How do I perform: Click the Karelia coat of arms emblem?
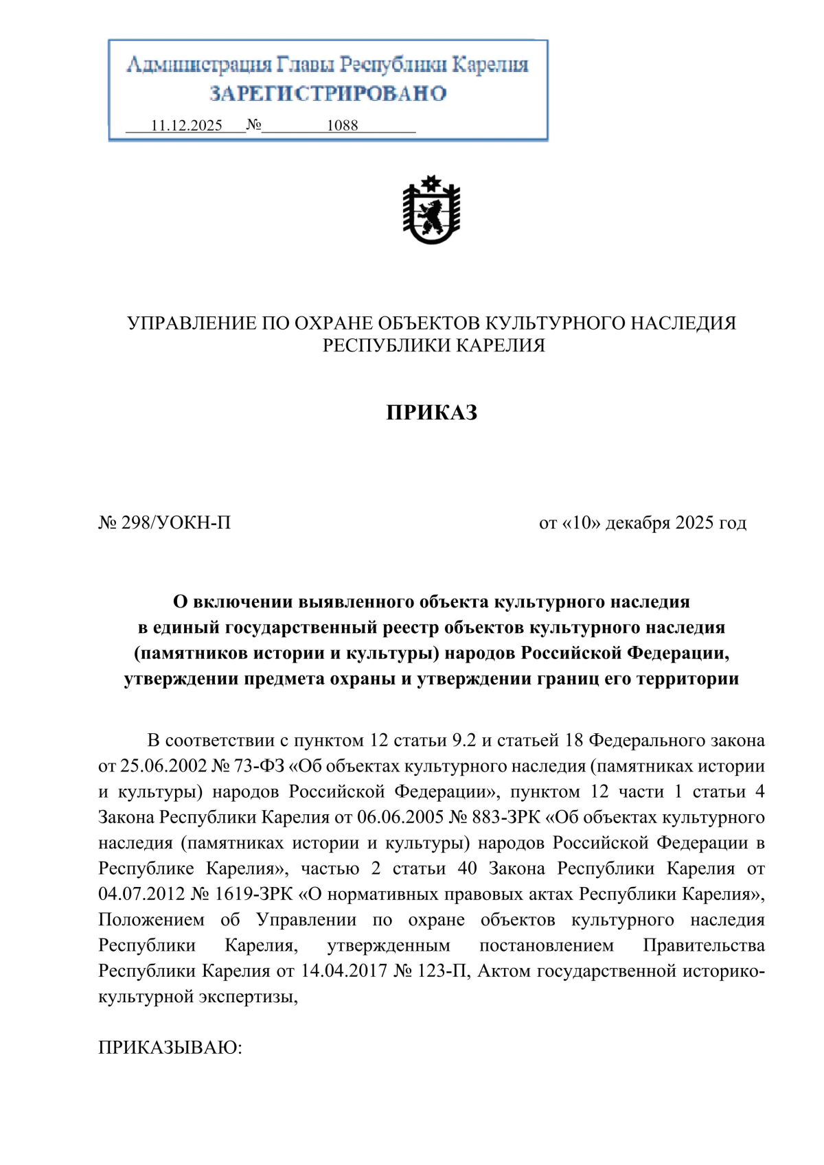coord(431,210)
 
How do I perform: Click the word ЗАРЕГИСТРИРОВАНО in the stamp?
coord(328,93)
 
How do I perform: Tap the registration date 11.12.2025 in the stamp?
coord(187,126)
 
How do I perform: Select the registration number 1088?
coord(342,126)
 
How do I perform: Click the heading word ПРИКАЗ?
coord(431,413)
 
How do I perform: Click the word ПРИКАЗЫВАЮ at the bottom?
coord(170,1048)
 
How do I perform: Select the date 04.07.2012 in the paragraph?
coord(141,895)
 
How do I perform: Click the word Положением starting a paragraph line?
coord(151,920)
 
